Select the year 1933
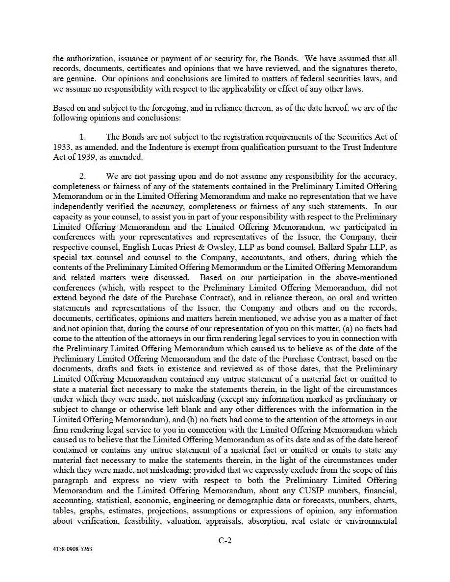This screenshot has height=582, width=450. coord(63,147)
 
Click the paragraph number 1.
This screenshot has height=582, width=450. coord(82,137)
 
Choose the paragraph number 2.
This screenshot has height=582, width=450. coord(82,175)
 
